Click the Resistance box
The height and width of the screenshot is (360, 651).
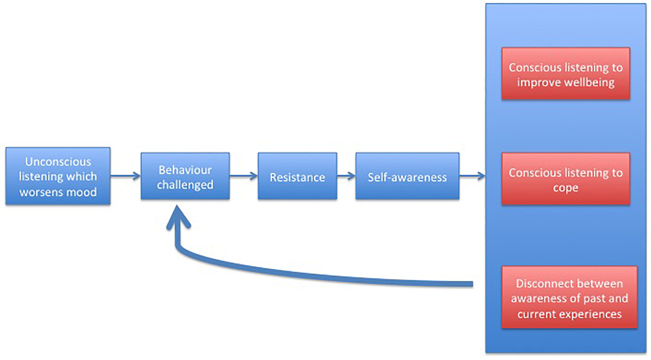pos(297,176)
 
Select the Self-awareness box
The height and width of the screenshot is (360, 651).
pos(407,176)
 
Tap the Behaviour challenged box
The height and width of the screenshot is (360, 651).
pos(185,176)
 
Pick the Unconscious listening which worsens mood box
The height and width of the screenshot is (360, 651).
pos(58,176)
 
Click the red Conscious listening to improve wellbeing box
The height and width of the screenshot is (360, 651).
pos(565,74)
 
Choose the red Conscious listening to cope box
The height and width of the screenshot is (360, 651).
pos(565,179)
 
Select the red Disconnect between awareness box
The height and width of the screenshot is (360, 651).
pos(569,298)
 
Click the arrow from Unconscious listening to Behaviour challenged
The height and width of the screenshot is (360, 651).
pos(125,176)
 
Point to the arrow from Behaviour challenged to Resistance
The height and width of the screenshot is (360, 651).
pos(243,176)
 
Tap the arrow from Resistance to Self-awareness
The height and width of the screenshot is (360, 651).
pos(346,176)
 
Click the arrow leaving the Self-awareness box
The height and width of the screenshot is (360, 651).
pos(472,176)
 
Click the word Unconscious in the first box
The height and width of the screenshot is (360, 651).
pos(58,162)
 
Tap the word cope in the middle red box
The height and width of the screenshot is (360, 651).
pos(565,188)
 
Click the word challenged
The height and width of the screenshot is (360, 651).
pos(185,185)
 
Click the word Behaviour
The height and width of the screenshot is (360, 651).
pos(185,170)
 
